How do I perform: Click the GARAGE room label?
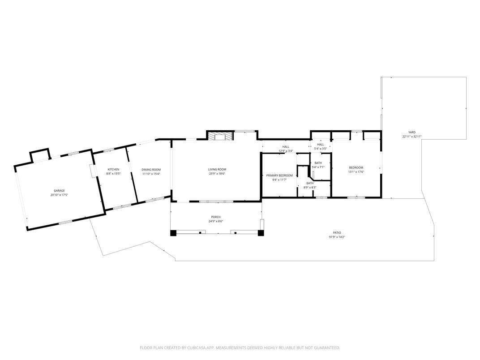(60, 191)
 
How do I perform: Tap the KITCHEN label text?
(113, 169)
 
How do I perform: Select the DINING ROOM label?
(151, 169)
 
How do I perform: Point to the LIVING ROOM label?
(217, 169)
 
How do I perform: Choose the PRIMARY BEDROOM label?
(279, 176)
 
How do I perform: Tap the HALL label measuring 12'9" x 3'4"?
(286, 147)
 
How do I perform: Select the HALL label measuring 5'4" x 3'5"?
(321, 145)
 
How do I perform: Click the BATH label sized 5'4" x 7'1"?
(318, 163)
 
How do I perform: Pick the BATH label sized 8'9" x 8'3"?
(310, 183)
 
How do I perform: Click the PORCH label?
(216, 217)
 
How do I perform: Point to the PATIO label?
(337, 232)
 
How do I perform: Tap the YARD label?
(411, 133)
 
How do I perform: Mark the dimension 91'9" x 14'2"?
(337, 237)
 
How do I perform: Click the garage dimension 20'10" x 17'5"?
(60, 195)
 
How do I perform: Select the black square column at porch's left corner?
(173, 233)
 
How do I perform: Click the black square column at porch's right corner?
(261, 233)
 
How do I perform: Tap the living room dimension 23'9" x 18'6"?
(217, 174)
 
